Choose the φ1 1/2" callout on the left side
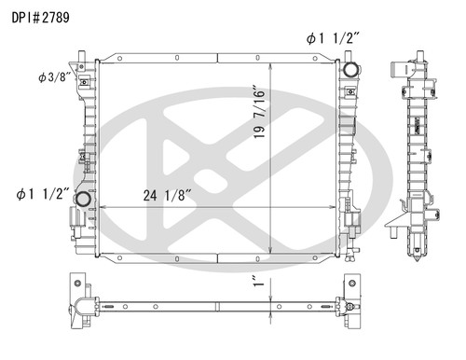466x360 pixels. click(x=41, y=194)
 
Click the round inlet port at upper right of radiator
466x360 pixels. click(x=350, y=70)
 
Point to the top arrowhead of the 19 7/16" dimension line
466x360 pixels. click(x=270, y=64)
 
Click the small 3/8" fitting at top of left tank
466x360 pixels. click(x=84, y=80)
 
